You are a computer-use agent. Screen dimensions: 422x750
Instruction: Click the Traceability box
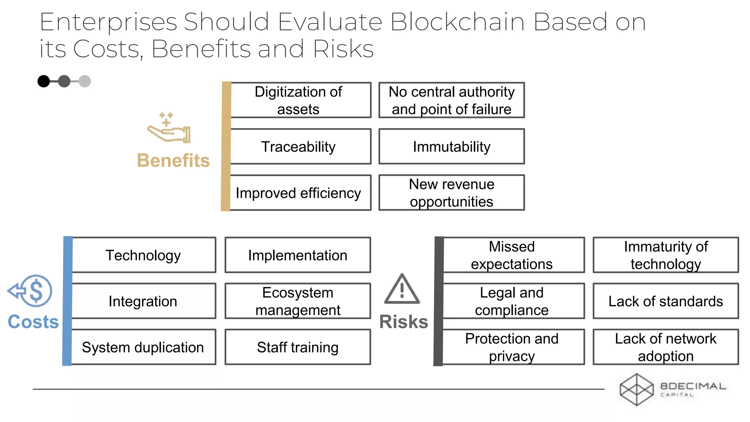tap(298, 147)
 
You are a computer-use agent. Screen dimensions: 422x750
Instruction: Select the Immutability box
tap(452, 147)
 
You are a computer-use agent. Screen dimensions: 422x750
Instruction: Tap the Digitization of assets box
tap(298, 100)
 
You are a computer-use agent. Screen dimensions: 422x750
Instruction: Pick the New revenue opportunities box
tap(452, 193)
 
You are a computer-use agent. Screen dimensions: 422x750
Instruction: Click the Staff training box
tap(298, 347)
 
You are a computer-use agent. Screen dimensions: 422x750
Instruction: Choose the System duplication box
tap(143, 347)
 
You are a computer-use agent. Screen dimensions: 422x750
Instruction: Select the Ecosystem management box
tap(298, 301)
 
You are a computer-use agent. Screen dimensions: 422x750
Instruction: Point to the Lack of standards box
tap(665, 301)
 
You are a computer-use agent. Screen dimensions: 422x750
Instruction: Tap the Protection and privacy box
tap(512, 347)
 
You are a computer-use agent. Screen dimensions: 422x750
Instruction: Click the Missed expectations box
tap(512, 255)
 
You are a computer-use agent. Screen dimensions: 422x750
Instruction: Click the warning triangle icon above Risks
tap(402, 289)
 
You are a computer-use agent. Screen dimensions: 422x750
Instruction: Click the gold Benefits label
tap(173, 160)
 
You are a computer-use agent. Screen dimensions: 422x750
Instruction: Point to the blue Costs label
tap(33, 322)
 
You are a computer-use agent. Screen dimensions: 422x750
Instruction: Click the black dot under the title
tap(44, 81)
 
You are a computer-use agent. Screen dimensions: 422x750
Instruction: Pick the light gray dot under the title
tap(85, 81)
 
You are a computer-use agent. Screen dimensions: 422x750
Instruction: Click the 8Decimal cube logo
tap(636, 389)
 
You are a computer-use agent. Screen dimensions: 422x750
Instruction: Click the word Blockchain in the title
tap(457, 22)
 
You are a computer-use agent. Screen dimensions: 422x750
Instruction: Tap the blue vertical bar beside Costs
tap(67, 301)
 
